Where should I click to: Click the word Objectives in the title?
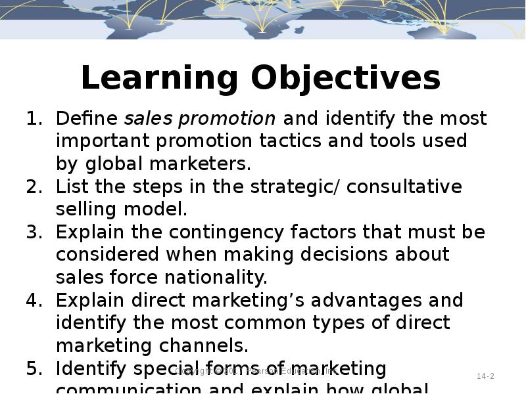(346, 79)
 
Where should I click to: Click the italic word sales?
(149, 119)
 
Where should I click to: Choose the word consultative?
(404, 187)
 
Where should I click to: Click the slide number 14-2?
(485, 376)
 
